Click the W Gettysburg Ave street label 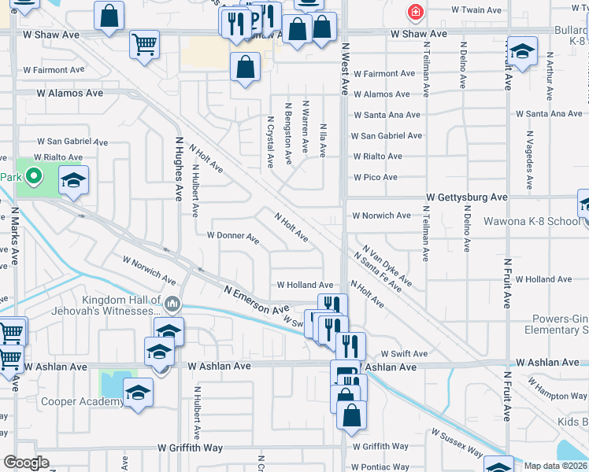[467, 197]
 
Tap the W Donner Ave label [232, 235]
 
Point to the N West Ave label [344, 70]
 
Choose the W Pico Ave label [376, 178]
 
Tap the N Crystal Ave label [270, 142]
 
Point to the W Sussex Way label [457, 444]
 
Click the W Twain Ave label [476, 11]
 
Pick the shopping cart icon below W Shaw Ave [144, 44]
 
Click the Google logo [26, 463]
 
